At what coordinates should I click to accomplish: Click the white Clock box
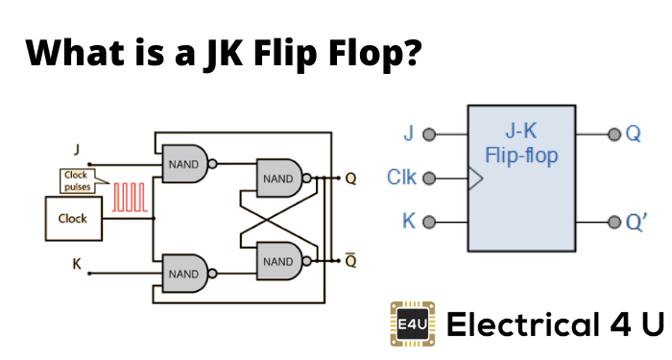[x=73, y=218]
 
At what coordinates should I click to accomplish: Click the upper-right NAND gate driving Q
[x=278, y=178]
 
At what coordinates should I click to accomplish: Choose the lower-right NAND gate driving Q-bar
[x=278, y=259]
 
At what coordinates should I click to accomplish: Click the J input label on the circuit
[x=76, y=150]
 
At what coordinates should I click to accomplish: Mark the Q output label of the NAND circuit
[x=351, y=179]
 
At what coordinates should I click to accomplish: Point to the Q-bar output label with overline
[x=351, y=259]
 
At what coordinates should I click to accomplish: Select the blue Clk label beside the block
[x=401, y=178]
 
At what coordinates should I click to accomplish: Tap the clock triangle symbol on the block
[x=472, y=178]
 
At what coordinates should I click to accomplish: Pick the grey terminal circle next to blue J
[x=429, y=134]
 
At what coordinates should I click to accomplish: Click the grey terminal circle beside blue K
[x=429, y=222]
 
